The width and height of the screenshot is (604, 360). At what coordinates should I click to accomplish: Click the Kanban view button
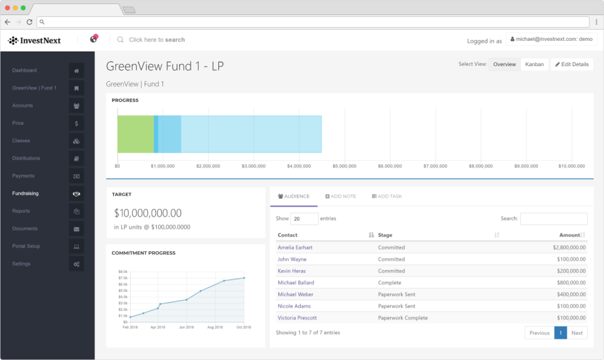click(534, 64)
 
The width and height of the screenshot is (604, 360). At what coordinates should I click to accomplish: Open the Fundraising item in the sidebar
click(25, 193)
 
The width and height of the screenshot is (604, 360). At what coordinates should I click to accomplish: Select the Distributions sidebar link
click(26, 159)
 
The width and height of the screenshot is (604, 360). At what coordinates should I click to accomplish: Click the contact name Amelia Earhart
click(295, 247)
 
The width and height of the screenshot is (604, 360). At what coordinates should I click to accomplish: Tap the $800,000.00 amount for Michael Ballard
click(571, 283)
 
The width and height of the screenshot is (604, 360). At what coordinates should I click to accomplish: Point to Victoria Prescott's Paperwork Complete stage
click(403, 318)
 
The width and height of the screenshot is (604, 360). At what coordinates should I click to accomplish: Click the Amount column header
click(569, 235)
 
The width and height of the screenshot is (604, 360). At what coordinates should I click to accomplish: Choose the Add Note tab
click(340, 196)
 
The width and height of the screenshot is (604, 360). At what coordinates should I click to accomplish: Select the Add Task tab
click(387, 196)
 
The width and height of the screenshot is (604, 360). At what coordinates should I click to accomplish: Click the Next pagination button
click(577, 333)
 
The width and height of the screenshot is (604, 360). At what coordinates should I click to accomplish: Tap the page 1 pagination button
click(561, 333)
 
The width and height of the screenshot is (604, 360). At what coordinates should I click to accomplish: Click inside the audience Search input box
click(554, 218)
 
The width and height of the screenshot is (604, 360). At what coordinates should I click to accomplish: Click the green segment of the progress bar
click(136, 134)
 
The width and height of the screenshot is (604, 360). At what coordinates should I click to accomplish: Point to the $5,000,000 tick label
click(344, 166)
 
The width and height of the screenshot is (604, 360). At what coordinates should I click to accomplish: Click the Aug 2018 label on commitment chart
click(215, 327)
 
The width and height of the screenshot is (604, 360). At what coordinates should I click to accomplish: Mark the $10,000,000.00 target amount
click(147, 213)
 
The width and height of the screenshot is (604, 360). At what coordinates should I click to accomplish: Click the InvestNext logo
click(34, 40)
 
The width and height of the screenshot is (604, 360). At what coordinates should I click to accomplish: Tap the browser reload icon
click(30, 22)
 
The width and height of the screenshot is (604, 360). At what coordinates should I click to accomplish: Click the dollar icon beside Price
click(76, 123)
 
